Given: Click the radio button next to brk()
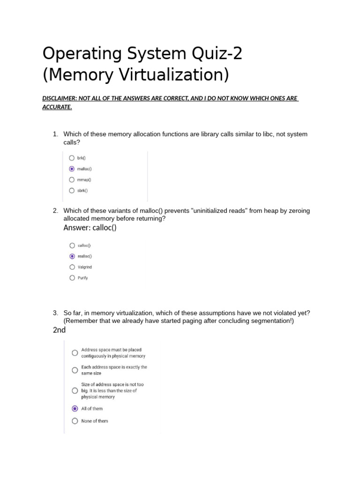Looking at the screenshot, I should coord(72,158).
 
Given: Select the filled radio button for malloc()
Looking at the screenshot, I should coord(72,169).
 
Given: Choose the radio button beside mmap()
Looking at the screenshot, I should coord(72,180).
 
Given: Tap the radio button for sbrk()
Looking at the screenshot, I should coord(72,190).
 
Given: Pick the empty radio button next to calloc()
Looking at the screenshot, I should coord(72,245).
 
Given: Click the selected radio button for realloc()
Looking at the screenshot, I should coord(72,256).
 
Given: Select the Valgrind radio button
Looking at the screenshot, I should coord(72,267).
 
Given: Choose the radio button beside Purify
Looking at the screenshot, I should coord(72,277).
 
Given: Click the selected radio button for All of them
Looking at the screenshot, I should coord(75,408).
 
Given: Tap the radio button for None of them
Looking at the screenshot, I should coord(75,421).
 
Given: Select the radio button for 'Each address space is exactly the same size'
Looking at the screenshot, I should coord(75,370).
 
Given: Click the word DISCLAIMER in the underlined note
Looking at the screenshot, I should coord(60,98).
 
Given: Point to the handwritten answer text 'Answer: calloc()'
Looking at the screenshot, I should coord(90,228).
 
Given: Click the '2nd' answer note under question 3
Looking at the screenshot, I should coord(59,330).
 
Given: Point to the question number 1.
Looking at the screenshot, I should coord(55,134).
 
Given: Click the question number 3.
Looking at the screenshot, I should coord(55,313).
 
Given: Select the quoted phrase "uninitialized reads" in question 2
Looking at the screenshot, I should coord(220,211).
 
